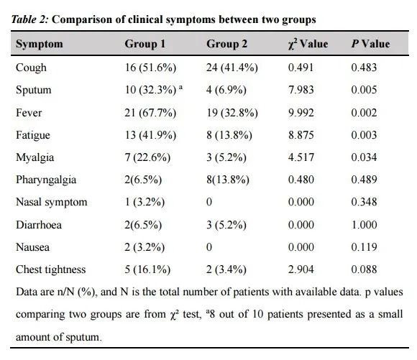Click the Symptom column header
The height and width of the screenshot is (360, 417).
click(x=40, y=44)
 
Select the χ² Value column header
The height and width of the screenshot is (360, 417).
click(x=308, y=44)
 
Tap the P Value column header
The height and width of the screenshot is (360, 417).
click(x=371, y=44)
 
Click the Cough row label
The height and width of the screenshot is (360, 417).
click(x=31, y=68)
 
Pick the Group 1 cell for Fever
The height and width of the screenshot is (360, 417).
click(x=150, y=113)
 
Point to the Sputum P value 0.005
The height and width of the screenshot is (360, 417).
click(x=364, y=90)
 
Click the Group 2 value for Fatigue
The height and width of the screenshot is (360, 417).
click(x=229, y=135)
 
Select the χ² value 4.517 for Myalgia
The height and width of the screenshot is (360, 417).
click(x=301, y=157)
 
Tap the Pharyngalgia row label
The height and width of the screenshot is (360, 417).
click(x=46, y=180)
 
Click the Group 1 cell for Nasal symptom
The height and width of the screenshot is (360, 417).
click(x=145, y=202)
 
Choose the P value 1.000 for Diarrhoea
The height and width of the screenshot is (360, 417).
click(x=364, y=225)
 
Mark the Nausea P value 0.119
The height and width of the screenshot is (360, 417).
click(x=364, y=247)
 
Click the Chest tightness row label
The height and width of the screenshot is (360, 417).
click(x=51, y=269)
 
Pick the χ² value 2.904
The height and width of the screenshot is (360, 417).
click(x=301, y=269)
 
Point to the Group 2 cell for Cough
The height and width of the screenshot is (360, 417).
click(x=232, y=68)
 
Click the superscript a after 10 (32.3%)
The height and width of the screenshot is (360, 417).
click(x=181, y=87)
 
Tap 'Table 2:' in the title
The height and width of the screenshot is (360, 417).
click(x=29, y=19)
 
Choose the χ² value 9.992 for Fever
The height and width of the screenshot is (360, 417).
click(x=301, y=113)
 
